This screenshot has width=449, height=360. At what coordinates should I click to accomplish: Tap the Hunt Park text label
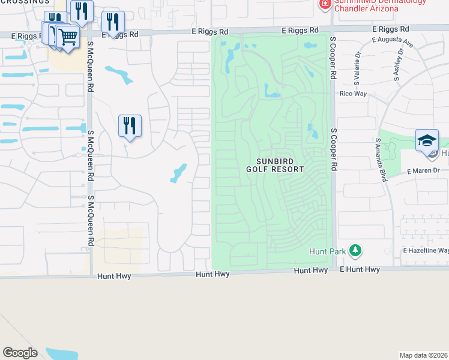coord(327,251)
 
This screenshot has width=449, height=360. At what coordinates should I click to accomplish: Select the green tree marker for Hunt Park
coord(355,250)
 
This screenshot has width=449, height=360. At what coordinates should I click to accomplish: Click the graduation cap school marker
coord(427,140)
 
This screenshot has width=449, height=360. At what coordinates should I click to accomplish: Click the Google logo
coord(20,353)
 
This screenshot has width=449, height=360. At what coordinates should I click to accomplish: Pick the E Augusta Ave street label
coord(393,42)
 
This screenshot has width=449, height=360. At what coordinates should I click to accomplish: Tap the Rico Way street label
coord(353,94)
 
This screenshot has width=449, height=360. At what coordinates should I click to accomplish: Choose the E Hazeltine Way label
coord(426,250)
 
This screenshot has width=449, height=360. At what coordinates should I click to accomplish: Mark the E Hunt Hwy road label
coord(360,270)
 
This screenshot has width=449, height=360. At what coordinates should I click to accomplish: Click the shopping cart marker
coord(67,37)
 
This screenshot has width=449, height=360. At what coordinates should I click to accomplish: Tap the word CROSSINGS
coord(25,2)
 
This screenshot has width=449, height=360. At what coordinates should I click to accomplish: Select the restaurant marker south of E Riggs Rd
coord(130,125)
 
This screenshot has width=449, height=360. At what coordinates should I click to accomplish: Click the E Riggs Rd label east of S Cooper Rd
coord(390,29)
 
